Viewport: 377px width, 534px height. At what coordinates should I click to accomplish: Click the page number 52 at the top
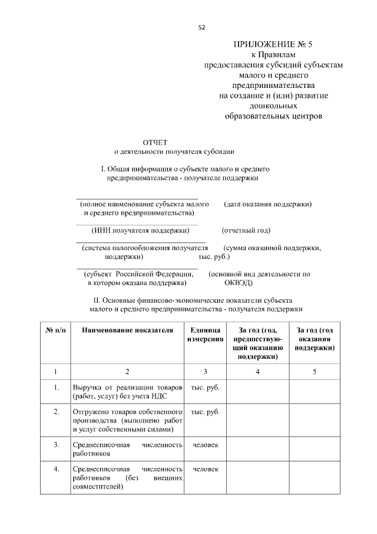201,27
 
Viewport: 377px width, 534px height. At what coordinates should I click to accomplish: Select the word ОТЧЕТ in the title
155,142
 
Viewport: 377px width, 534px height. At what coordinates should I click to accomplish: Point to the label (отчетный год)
246,230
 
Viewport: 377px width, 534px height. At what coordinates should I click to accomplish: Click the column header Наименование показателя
127,330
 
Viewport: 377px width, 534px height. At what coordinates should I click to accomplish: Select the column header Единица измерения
205,335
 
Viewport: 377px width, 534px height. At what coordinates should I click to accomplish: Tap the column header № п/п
55,330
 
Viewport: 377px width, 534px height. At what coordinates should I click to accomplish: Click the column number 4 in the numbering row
257,372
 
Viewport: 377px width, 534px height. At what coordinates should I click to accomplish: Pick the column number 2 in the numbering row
127,372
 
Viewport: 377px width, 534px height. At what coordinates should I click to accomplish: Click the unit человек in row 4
205,469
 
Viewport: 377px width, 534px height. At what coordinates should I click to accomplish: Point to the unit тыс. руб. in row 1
205,388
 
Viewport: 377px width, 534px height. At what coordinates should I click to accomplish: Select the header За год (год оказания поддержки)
315,339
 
